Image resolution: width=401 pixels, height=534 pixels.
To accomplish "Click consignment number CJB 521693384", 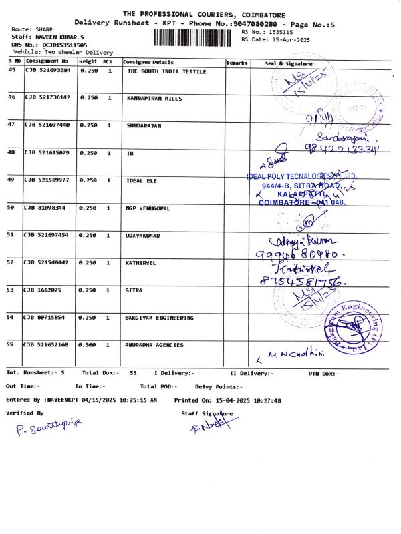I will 47,71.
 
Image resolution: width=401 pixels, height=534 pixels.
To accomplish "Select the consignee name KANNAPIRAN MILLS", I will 154,98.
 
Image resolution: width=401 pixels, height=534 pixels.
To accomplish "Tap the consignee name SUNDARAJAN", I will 144,125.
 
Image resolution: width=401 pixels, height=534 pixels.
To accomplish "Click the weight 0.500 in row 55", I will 89,345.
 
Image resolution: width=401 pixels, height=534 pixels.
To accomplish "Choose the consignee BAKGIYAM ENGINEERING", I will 160,318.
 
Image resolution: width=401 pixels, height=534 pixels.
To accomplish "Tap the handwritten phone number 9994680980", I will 291,254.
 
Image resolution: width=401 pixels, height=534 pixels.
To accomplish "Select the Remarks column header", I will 237,63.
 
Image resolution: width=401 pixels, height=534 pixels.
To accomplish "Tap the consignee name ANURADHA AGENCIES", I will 155,345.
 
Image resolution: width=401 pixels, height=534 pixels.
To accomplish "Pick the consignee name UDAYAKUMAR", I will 144,236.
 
